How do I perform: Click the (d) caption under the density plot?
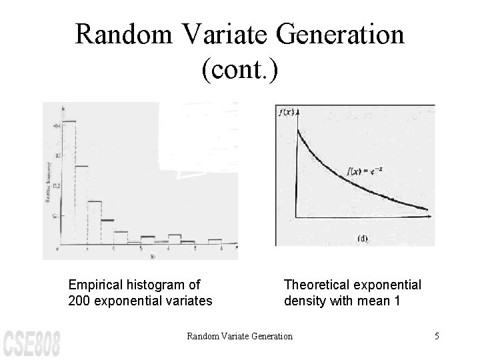click(363, 238)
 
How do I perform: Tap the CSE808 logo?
click(31, 341)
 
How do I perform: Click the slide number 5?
click(437, 336)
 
